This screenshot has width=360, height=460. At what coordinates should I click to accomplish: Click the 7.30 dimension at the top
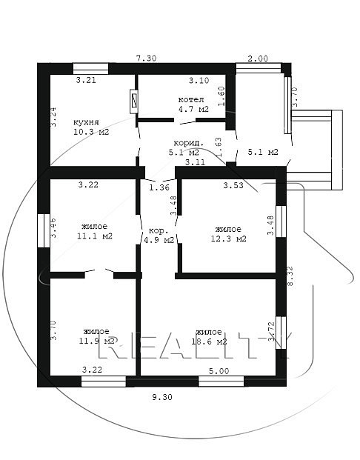[147, 58]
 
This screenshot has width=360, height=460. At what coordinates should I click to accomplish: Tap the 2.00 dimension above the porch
[258, 59]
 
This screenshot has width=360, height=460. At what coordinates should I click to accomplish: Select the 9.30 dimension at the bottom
[162, 397]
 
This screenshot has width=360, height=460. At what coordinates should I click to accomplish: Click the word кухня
[86, 122]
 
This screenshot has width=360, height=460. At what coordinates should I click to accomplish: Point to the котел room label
[191, 100]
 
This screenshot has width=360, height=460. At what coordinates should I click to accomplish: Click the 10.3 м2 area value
[91, 132]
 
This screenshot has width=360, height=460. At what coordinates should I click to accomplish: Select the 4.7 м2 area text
[193, 109]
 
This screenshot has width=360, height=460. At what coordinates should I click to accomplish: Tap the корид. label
[189, 143]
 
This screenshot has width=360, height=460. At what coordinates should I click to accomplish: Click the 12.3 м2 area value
[229, 239]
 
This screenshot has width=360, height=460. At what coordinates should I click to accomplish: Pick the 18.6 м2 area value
[209, 341]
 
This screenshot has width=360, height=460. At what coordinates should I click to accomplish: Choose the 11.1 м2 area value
[95, 236]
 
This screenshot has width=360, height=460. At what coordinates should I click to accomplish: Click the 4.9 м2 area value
[159, 240]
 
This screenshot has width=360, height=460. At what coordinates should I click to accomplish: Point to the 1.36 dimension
[159, 187]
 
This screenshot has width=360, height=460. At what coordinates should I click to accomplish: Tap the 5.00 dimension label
[219, 371]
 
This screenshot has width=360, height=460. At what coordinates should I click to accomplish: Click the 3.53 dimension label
[233, 185]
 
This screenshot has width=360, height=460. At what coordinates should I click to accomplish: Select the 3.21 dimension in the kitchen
[86, 80]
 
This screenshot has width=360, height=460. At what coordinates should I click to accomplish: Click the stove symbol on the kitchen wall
[134, 101]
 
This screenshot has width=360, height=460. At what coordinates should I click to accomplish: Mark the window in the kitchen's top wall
[90, 69]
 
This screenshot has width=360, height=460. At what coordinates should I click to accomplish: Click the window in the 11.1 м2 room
[44, 230]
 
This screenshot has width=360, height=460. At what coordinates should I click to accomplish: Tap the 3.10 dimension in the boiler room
[199, 80]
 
